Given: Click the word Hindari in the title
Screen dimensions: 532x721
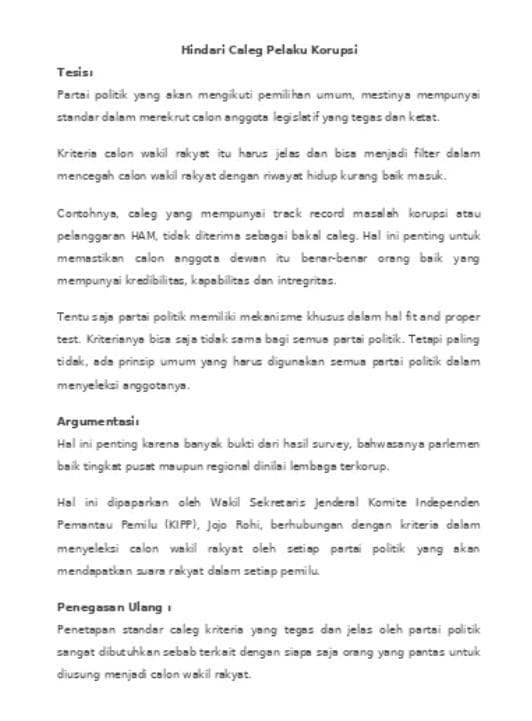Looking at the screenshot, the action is click(x=202, y=48).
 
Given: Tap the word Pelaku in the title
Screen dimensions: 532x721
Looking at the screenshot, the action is click(x=284, y=48).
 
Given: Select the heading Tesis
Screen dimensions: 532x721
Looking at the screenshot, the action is click(x=75, y=73).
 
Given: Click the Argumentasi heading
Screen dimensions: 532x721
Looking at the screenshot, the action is click(x=98, y=420).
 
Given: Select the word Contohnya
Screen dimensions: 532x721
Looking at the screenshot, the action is click(x=87, y=213).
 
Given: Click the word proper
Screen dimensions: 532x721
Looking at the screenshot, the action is click(x=460, y=317).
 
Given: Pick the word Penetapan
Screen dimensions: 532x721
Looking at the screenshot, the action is click(x=89, y=630).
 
